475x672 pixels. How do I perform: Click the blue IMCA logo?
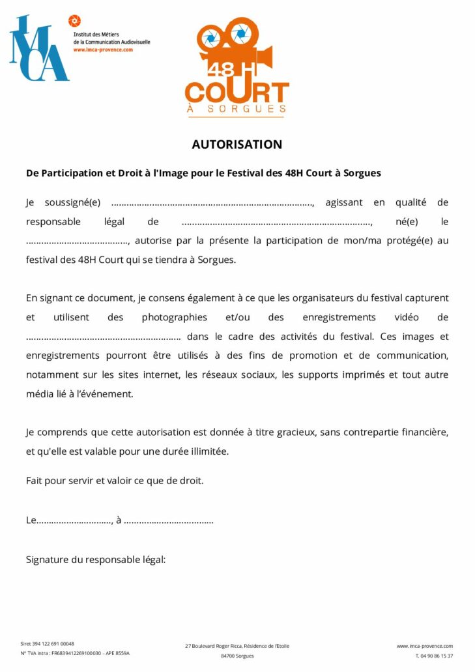point(38,49)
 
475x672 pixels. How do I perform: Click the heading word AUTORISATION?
point(237,145)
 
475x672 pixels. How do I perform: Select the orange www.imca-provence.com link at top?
point(103,50)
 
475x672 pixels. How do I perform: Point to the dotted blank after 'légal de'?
point(276,222)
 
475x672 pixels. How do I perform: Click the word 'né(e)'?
point(407,222)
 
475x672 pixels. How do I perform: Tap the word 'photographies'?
point(174,318)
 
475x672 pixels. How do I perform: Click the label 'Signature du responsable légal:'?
point(96,559)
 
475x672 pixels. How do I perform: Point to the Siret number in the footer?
point(48,643)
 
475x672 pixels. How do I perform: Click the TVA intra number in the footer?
point(75,653)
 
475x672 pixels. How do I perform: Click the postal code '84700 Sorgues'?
point(237,656)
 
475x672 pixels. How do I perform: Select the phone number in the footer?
point(434,656)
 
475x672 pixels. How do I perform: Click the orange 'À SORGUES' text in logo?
point(237,109)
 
